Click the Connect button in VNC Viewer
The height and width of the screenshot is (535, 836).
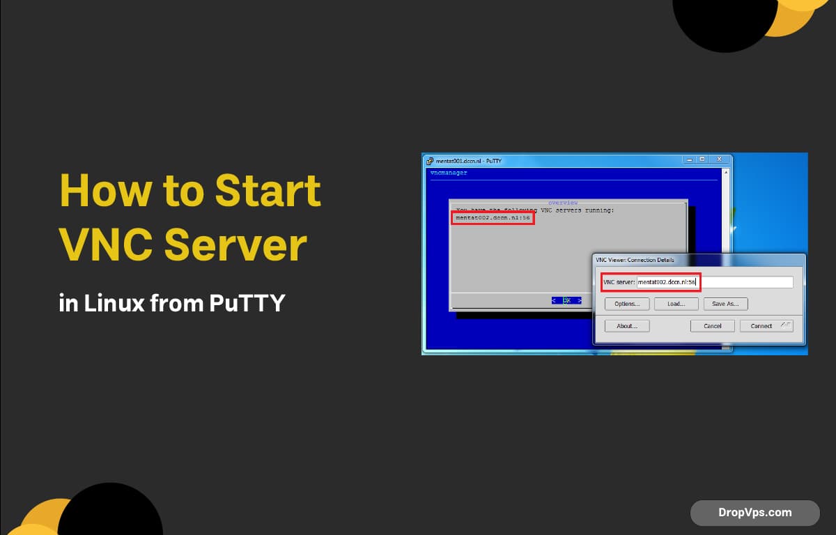tap(766, 326)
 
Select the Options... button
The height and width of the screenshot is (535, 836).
tap(627, 304)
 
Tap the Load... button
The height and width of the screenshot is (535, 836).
tap(676, 304)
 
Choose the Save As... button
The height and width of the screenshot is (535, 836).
tap(725, 304)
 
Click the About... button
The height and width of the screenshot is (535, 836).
tap(627, 326)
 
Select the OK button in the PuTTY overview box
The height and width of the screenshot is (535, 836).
tap(566, 300)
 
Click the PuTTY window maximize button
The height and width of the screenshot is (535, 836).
tap(702, 160)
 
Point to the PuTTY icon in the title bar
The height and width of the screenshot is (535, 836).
tap(429, 161)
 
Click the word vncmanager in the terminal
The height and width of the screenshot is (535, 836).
tap(449, 173)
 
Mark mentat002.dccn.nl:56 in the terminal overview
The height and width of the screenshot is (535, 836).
tap(493, 218)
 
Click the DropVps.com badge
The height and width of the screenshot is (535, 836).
tap(754, 513)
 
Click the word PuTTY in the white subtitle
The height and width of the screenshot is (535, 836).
tap(247, 303)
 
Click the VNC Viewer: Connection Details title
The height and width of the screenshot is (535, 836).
tap(635, 261)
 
